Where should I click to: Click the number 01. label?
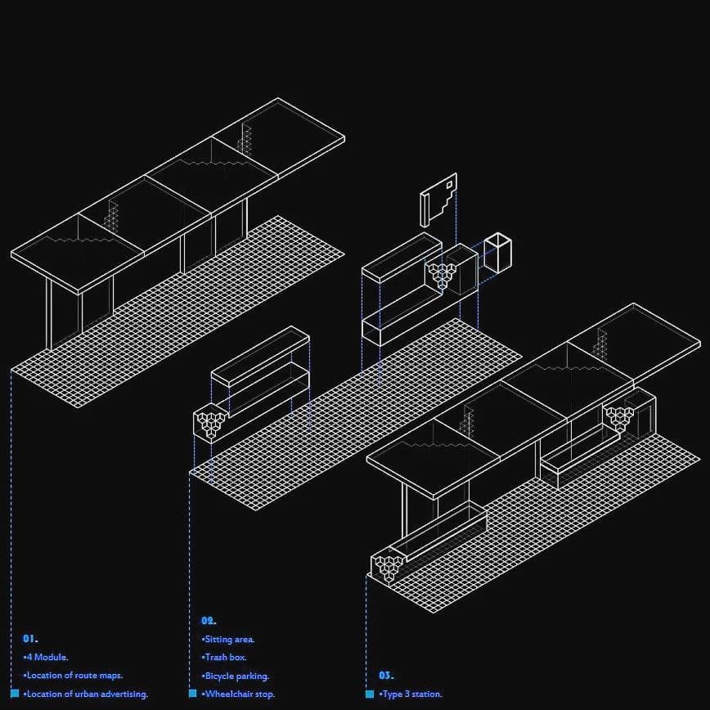click(x=30, y=638)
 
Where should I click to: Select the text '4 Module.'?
click(x=47, y=657)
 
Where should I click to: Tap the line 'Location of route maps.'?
click(x=74, y=676)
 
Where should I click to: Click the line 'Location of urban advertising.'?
click(x=86, y=694)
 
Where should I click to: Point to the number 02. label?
click(x=209, y=621)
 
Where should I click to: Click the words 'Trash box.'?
click(x=224, y=657)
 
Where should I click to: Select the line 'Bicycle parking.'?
click(x=236, y=676)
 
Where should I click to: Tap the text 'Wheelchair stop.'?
click(x=238, y=694)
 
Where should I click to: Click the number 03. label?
click(x=385, y=676)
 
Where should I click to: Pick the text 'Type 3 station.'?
click(x=411, y=694)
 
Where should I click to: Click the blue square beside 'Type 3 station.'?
click(x=369, y=694)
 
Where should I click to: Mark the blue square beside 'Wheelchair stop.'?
click(x=193, y=694)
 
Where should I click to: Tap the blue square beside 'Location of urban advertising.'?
click(x=15, y=694)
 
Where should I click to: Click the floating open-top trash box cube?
click(x=497, y=251)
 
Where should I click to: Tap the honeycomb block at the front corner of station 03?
click(x=389, y=566)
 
